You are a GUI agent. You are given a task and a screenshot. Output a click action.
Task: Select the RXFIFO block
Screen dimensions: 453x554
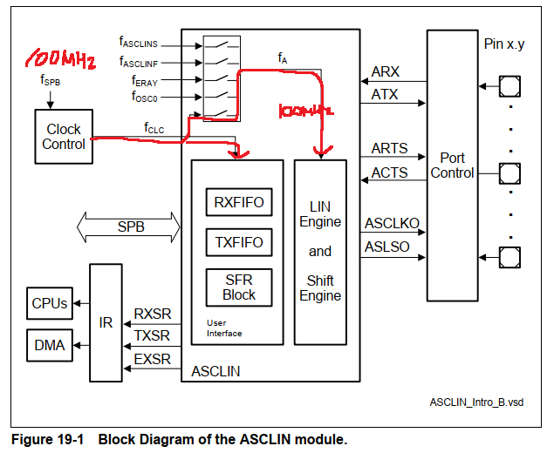tap(238, 203)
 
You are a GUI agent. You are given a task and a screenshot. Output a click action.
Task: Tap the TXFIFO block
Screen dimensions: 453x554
tap(238, 243)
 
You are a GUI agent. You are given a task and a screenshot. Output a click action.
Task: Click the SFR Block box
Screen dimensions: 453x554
tap(238, 287)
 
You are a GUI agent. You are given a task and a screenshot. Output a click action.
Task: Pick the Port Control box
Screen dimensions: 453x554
tap(453, 166)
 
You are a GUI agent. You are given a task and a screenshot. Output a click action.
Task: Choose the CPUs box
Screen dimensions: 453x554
tap(49, 303)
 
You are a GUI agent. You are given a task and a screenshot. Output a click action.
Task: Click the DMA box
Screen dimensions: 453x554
tap(49, 345)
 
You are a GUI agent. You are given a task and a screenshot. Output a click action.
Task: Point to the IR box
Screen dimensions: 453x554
tap(106, 322)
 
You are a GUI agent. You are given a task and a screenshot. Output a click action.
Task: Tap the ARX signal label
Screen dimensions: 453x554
tap(384, 71)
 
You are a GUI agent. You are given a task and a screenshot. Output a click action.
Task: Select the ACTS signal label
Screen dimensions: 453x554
tap(389, 172)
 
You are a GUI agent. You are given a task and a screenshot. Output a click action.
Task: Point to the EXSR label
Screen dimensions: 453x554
tap(152, 359)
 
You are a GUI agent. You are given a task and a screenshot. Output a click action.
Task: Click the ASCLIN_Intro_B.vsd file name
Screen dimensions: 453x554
tap(475, 402)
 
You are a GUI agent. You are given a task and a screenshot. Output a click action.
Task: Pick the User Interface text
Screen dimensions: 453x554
tap(223, 328)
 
